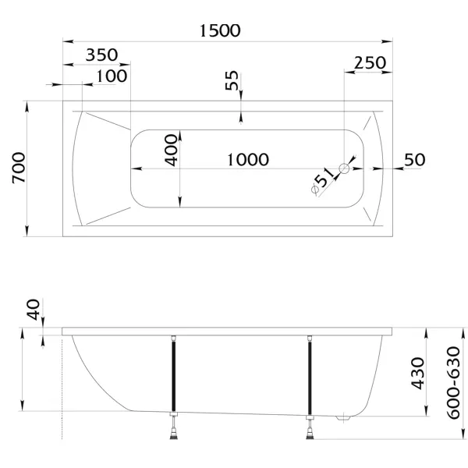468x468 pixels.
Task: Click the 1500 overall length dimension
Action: [x=220, y=30]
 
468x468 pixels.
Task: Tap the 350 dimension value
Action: [x=101, y=55]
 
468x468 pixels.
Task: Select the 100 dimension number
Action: [x=112, y=76]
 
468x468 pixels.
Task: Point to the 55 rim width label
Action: [x=232, y=80]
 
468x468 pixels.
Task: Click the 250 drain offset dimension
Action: [x=370, y=62]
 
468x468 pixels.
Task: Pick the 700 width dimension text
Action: [x=19, y=168]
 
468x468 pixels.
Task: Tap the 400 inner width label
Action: [x=172, y=150]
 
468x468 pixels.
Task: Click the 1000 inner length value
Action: [x=248, y=160]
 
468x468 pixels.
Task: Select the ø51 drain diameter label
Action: [x=322, y=181]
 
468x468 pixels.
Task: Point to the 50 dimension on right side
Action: [x=415, y=160]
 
